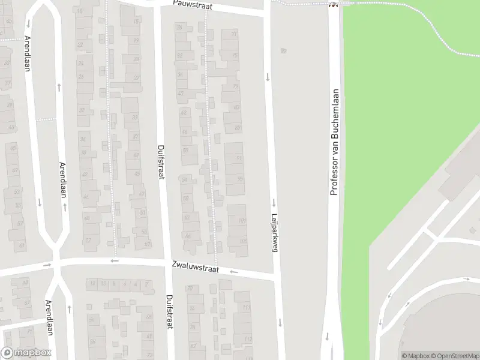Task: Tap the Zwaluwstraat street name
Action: tap(193, 265)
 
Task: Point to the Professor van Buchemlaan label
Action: tap(335, 142)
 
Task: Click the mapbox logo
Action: tap(26, 353)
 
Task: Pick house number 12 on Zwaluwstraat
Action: tap(92, 283)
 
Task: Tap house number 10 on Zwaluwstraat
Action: tap(103, 283)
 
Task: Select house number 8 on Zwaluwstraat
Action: tap(114, 283)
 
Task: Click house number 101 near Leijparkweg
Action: tap(242, 221)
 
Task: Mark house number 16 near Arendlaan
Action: tap(80, 11)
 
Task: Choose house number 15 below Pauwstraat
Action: tap(136, 22)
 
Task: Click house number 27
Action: tap(136, 78)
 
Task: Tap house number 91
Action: tap(239, 158)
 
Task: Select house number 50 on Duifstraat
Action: tap(185, 150)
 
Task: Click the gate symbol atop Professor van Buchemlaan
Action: tap(333, 5)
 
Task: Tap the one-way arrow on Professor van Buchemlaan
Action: tap(328, 336)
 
